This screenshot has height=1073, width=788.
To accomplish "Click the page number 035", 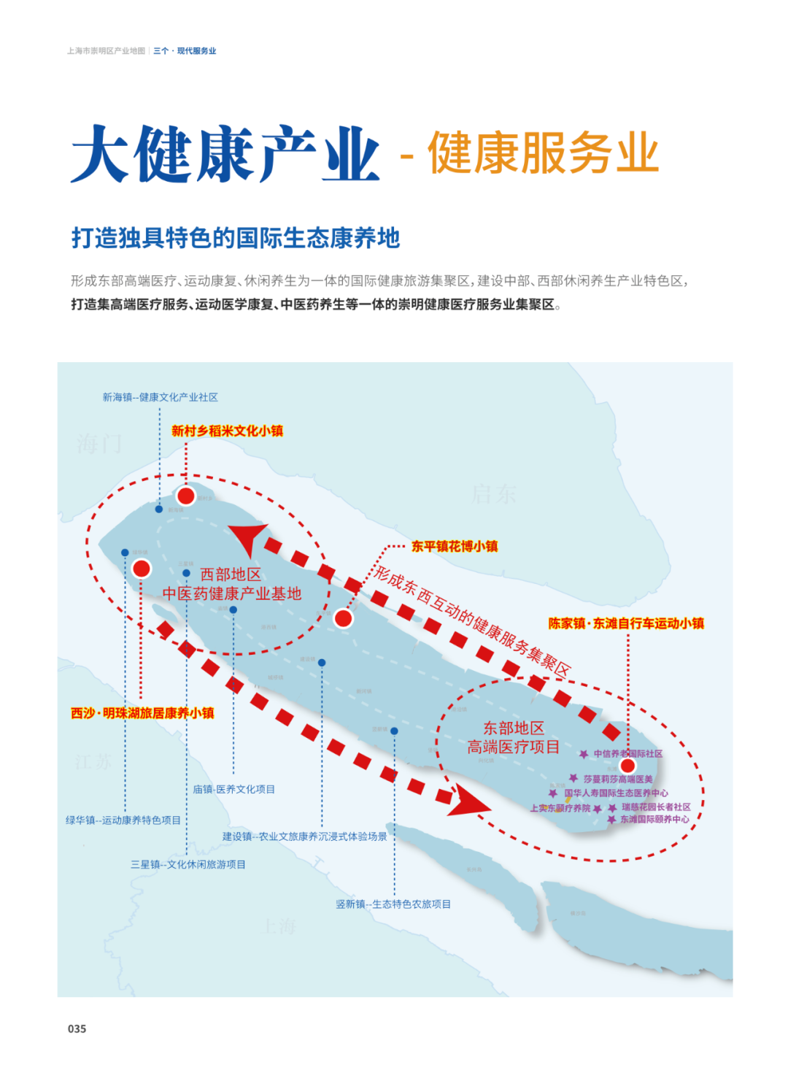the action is click(77, 1028).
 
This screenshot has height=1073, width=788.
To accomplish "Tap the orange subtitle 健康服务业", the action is click(543, 153).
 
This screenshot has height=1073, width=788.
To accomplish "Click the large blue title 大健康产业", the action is click(225, 154).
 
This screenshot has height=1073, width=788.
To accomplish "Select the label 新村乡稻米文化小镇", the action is click(227, 431).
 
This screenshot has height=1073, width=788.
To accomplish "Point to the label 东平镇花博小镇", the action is click(454, 546).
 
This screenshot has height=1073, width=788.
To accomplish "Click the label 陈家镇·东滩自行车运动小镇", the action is click(626, 623).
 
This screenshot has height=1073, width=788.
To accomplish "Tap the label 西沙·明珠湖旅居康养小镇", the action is click(142, 713).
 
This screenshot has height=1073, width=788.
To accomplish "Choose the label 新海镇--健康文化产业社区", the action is click(160, 397).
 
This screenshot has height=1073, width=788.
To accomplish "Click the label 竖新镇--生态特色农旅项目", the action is click(393, 904).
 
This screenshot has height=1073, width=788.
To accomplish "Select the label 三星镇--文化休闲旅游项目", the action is click(188, 864).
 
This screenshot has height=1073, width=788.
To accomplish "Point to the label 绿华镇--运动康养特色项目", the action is click(123, 820).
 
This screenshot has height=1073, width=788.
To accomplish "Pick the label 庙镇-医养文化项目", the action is click(234, 789).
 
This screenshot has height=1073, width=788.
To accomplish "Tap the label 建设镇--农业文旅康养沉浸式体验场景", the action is click(305, 837).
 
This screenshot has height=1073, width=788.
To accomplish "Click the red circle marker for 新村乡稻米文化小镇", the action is click(186, 496).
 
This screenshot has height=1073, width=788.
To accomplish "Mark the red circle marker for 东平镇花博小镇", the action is click(344, 618).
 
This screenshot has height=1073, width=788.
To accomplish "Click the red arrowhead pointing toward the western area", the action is click(248, 538).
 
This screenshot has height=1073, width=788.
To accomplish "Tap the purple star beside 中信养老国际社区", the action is click(584, 754).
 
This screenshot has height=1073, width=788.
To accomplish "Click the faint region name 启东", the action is click(493, 494).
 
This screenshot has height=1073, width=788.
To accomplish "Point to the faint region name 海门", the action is click(99, 443).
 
